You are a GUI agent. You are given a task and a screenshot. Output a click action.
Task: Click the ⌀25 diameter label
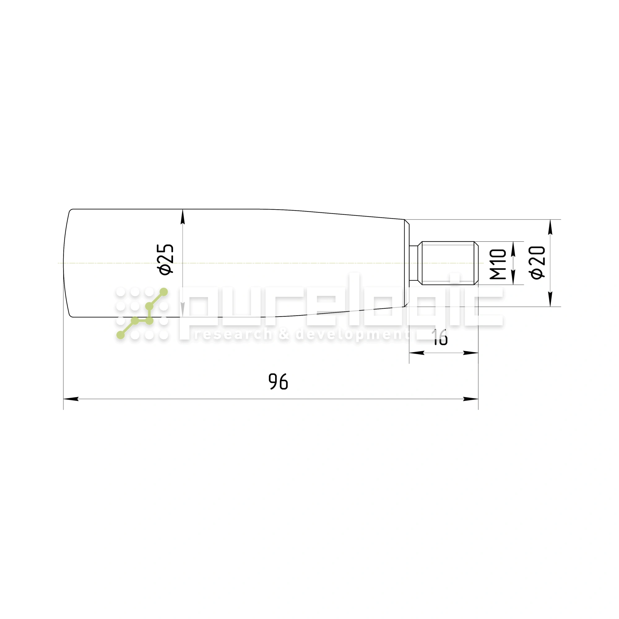[x=165, y=260]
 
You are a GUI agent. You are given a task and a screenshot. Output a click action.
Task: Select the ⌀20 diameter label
[x=537, y=263]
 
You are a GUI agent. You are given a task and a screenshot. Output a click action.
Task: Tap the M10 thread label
[x=498, y=264]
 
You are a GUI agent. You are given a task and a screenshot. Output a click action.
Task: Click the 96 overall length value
[x=278, y=382]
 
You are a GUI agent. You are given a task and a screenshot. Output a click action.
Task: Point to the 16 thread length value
[x=439, y=337]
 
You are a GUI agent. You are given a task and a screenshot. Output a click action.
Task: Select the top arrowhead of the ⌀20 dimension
[x=550, y=227]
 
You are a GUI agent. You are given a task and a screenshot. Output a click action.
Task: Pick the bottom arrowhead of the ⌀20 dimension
[x=550, y=299]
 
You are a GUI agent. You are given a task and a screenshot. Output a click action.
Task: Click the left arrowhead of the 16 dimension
[x=417, y=353]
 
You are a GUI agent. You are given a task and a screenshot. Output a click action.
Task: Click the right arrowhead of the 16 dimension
[x=471, y=353]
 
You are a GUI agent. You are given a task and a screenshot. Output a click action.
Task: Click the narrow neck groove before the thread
[x=413, y=263]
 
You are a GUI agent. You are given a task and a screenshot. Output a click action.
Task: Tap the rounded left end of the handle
[x=65, y=263]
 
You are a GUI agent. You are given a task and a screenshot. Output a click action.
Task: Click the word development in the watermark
[x=353, y=335]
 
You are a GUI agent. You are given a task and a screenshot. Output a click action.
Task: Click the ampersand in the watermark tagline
[x=284, y=335]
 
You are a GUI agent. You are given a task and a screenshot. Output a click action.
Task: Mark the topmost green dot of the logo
[x=164, y=292]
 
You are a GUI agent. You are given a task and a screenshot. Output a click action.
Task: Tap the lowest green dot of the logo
[x=120, y=335]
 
